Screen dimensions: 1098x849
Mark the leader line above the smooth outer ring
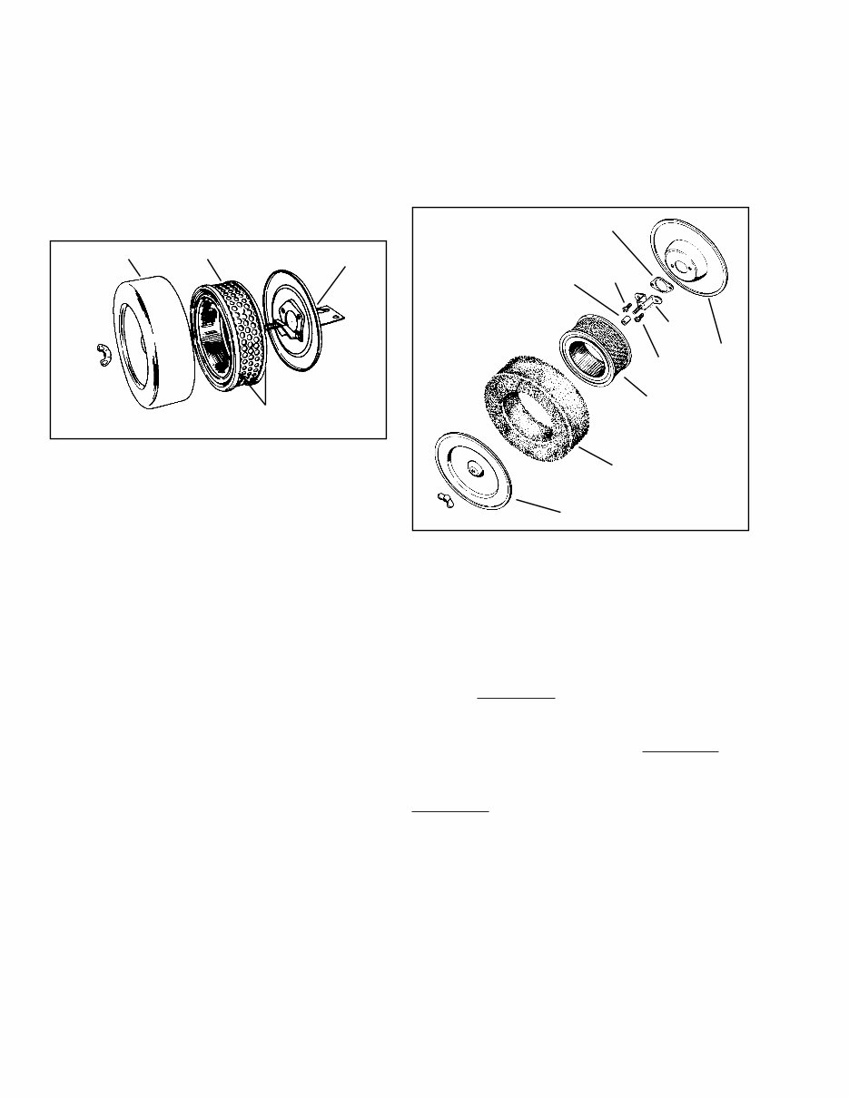pos(133,268)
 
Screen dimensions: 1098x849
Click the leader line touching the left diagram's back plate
pos(332,283)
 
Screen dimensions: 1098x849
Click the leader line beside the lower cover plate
pos(538,505)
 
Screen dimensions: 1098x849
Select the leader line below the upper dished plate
pos(715,322)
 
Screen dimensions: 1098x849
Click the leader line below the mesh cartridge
pos(633,385)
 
